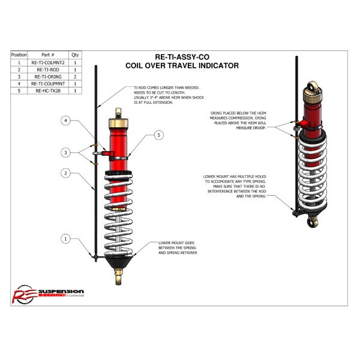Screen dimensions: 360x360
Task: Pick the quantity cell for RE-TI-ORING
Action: [x=75, y=77]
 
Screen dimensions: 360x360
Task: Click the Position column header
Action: [x=19, y=55]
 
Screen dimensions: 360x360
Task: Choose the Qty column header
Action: [x=75, y=55]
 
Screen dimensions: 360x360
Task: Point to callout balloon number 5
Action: [x=158, y=136]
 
